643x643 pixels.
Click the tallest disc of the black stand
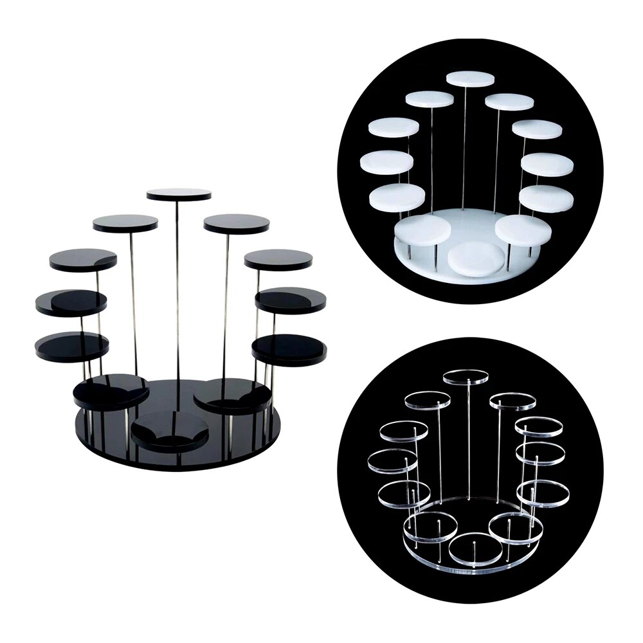coord(179,194)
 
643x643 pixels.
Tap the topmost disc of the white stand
coord(471,78)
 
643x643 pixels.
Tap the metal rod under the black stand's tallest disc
coord(178,289)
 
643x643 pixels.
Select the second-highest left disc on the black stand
coord(125,223)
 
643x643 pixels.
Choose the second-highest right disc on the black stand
coord(237,223)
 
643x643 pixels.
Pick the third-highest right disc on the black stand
coord(278,259)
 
